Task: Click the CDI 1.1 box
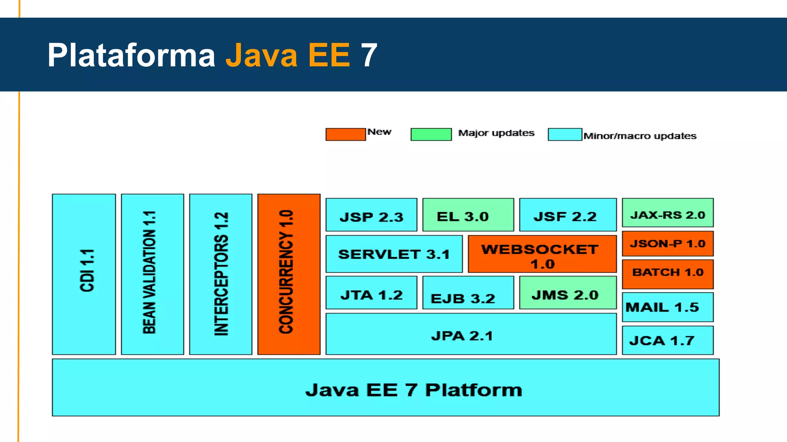tap(84, 274)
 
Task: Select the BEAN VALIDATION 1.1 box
tap(152, 274)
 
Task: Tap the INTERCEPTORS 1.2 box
tap(221, 274)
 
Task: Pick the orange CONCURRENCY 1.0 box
tap(289, 274)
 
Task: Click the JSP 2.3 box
tap(371, 215)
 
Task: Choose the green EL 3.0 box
tap(468, 215)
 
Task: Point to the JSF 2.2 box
tap(568, 215)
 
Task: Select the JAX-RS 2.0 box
tap(667, 213)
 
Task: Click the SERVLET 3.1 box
tap(394, 254)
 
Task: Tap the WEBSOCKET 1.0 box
tap(542, 254)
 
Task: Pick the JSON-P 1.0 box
tap(667, 243)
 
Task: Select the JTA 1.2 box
tap(371, 292)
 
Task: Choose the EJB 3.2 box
tap(468, 292)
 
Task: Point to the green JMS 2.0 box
tap(568, 292)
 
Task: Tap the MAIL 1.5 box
tap(667, 307)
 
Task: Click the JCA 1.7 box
tap(667, 340)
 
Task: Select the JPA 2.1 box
tap(471, 334)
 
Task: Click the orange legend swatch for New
tap(345, 134)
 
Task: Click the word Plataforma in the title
tap(131, 55)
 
